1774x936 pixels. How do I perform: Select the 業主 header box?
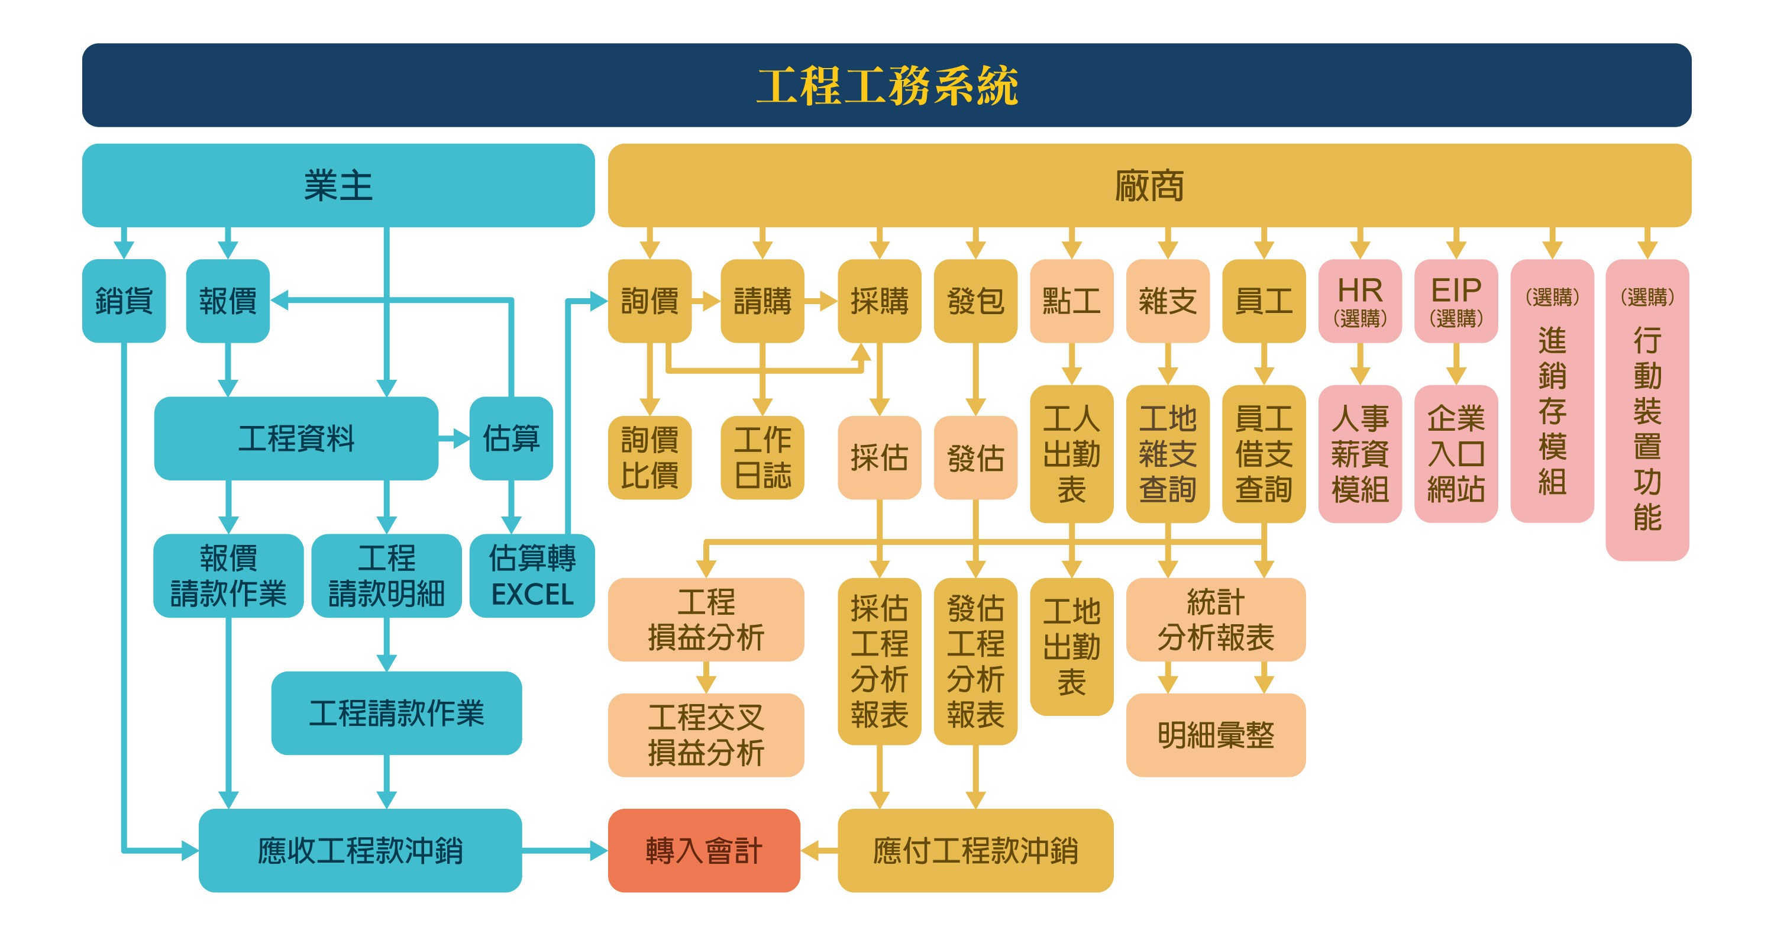coord(338,185)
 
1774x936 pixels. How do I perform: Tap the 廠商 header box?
coord(1149,185)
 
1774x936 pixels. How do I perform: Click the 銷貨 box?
coord(124,301)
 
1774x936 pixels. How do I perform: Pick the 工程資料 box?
coord(296,438)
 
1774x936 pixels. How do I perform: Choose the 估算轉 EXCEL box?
coord(532,576)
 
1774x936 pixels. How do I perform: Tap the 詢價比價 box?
coord(650,457)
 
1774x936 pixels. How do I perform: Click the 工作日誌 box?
coord(762,457)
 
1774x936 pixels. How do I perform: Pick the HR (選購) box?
coord(1359,301)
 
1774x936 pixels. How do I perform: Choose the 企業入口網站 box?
coord(1455,453)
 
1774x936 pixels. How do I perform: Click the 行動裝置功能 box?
coord(1647,410)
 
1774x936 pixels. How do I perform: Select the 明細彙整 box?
coord(1216,735)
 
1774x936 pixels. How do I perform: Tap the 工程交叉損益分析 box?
coord(706,735)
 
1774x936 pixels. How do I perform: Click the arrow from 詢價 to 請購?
coord(706,301)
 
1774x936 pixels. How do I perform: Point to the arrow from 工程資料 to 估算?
coord(454,438)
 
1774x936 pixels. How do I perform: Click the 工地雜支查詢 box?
coord(1167,453)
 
